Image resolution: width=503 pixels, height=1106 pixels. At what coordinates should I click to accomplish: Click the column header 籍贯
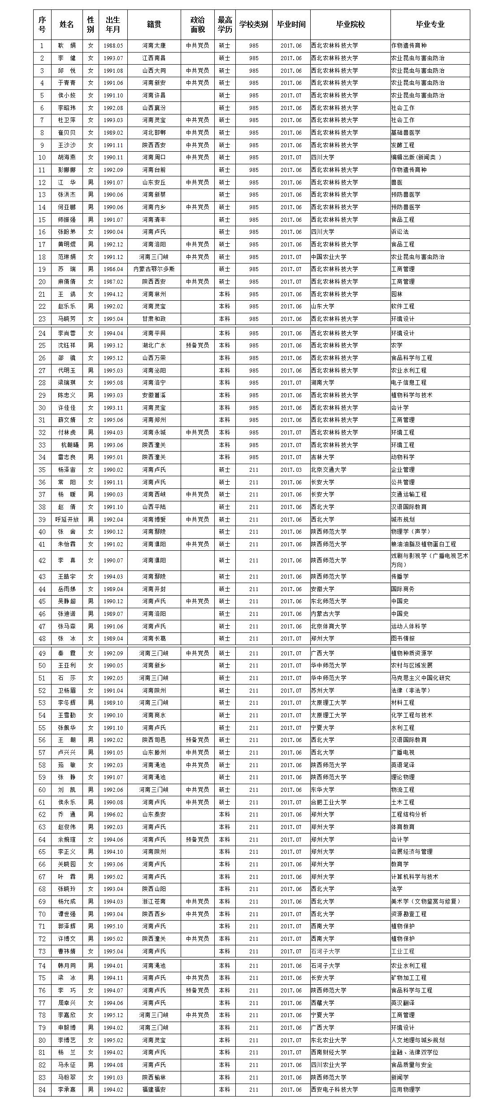click(154, 24)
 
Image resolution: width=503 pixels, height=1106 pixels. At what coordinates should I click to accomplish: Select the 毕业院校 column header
click(350, 24)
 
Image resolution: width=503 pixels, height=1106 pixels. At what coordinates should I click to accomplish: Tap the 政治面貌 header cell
click(197, 24)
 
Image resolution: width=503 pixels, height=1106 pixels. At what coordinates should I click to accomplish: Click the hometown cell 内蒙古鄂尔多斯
click(154, 269)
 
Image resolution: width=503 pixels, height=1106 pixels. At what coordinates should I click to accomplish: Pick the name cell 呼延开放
click(66, 519)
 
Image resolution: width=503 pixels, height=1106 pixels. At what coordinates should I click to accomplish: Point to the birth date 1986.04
click(113, 269)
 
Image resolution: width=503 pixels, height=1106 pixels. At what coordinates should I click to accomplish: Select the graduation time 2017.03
click(291, 470)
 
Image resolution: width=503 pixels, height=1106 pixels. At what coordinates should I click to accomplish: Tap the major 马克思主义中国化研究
click(421, 678)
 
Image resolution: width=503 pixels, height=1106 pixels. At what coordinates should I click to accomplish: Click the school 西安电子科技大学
click(334, 1089)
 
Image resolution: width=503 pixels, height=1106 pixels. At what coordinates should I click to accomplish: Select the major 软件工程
click(403, 307)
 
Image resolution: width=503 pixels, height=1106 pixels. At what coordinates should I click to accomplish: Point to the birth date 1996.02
click(113, 814)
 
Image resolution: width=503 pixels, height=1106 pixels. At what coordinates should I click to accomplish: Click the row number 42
click(42, 561)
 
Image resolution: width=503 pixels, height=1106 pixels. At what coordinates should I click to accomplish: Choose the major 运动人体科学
click(408, 626)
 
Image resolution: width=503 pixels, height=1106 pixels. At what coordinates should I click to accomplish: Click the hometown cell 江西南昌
click(154, 58)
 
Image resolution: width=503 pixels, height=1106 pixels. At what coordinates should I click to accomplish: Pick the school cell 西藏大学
click(323, 1015)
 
